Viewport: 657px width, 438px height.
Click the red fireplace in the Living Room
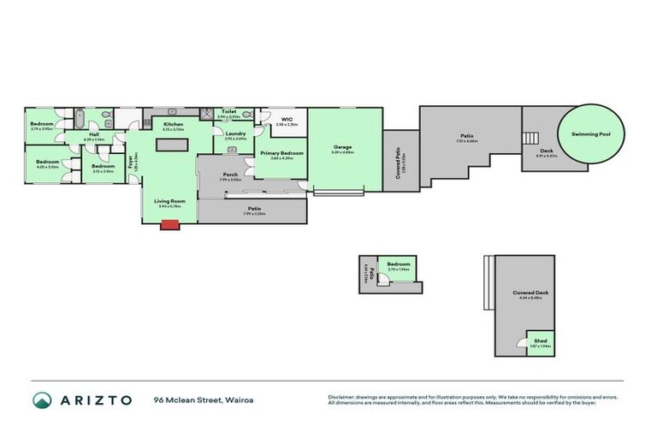point(169,224)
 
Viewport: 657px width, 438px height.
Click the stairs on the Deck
point(531,138)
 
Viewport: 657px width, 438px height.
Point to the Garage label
point(343,147)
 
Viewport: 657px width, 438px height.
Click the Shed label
point(540,340)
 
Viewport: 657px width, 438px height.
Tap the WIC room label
point(287,120)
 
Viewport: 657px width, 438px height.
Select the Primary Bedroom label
point(281,153)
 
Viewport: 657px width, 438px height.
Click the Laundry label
point(235,133)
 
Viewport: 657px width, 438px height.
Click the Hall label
point(94,134)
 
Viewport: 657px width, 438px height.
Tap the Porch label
point(230,175)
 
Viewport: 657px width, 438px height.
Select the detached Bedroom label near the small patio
point(399,264)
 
